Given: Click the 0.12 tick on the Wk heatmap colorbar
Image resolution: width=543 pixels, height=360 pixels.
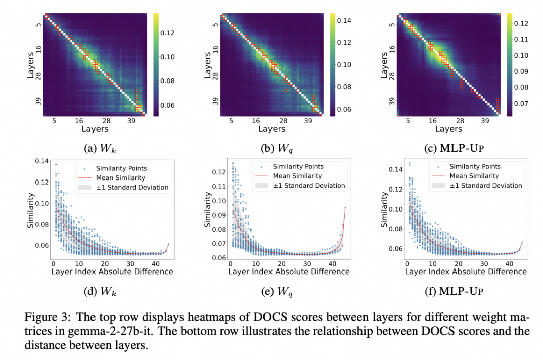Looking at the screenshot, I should pyautogui.click(x=167, y=33).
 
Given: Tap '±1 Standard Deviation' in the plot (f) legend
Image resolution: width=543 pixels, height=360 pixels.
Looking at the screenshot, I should pyautogui.click(x=486, y=185).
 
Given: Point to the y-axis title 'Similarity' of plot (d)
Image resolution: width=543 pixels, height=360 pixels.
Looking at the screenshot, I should pyautogui.click(x=31, y=213).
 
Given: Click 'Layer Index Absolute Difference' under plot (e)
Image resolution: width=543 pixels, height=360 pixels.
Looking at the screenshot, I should pyautogui.click(x=289, y=272).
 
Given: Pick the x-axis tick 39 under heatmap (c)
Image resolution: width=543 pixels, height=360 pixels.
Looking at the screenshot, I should pyautogui.click(x=485, y=121).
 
